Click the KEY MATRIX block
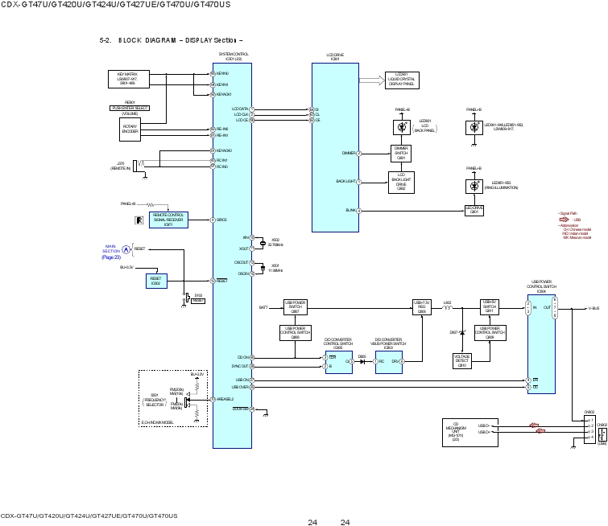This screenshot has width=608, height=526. [x=123, y=79]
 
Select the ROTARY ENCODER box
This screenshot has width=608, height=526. [x=130, y=129]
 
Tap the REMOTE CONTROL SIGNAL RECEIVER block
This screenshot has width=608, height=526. [x=168, y=220]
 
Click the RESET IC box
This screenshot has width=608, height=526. [x=156, y=280]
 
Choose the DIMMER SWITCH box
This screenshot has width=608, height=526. [x=401, y=152]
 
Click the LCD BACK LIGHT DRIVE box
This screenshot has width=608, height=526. [x=401, y=182]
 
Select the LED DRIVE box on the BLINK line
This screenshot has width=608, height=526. [x=474, y=210]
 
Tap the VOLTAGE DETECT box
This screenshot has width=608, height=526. [x=462, y=360]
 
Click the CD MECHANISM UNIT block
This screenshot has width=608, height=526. [x=455, y=432]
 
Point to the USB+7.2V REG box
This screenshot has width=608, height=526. [x=422, y=306]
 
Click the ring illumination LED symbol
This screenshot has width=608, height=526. [x=474, y=186]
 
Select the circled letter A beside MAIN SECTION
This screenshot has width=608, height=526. [x=126, y=249]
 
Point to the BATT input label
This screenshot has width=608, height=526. [x=263, y=307]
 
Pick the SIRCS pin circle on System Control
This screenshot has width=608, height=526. [x=212, y=220]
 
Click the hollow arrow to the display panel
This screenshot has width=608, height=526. [x=371, y=79]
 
